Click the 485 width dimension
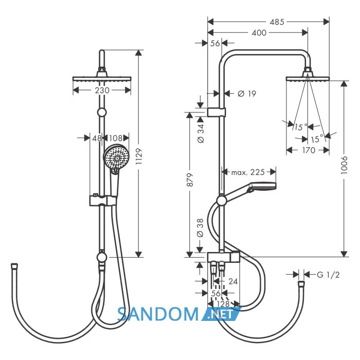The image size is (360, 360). coord(277,22)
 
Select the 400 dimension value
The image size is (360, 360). coord(259,33)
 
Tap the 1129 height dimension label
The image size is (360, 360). coord(139,156)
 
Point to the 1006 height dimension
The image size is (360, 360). coord(344,165)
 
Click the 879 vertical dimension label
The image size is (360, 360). coord(191,180)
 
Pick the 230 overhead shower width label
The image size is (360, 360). coord(102,90)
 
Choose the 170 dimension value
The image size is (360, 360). coord(309,150)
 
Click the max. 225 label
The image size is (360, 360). coord(248,172)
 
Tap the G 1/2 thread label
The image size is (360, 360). coord(328,275)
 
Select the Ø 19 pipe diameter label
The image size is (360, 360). coord(246,94)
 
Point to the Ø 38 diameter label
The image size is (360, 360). coord(200,227)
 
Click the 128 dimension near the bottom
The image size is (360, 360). coord(223,304)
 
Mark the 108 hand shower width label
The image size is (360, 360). coord(116,138)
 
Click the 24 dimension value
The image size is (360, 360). coord(233,281)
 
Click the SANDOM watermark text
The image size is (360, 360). coord(157,314)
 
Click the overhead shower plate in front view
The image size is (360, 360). coord(102,79)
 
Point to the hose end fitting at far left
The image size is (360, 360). coord(14,266)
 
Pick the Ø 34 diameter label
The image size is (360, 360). coord(200,133)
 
